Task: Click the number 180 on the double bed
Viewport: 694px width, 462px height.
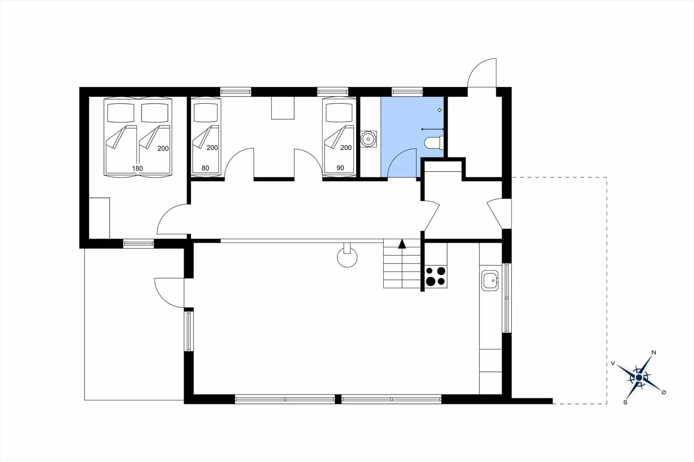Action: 137,168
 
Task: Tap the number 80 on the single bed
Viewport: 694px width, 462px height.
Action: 205,168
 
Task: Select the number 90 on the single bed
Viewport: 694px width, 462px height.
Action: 340,168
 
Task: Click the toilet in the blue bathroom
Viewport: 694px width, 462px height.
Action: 433,143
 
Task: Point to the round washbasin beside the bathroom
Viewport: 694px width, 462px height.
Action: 368,139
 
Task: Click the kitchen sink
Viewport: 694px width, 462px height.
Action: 490,281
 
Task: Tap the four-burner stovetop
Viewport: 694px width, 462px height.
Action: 436,276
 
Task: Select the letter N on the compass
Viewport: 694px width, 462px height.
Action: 654,353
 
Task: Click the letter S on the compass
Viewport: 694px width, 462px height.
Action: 625,402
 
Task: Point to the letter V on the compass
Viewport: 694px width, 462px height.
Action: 613,363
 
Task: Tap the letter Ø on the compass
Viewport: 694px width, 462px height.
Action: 664,392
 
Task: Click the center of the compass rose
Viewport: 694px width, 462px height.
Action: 639,378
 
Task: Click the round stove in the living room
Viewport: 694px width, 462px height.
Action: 347,258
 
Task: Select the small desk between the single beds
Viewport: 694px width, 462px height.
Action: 283,108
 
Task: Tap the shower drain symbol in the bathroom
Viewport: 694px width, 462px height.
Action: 440,110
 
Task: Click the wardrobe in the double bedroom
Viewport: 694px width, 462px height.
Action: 99,218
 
